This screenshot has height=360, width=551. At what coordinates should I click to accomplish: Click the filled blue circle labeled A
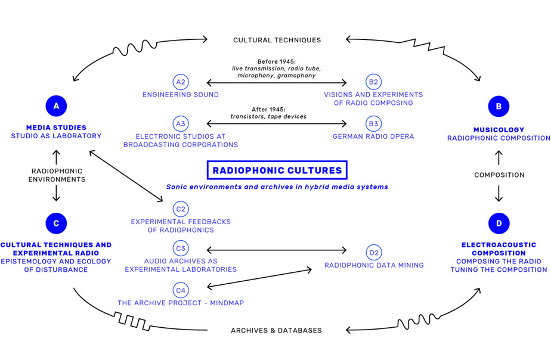pyautogui.click(x=56, y=106)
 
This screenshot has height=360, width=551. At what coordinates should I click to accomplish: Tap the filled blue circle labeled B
pyautogui.click(x=499, y=106)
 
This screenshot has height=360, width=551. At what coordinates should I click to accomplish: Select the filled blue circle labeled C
pyautogui.click(x=56, y=224)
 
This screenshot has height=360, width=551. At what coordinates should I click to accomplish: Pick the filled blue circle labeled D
pyautogui.click(x=499, y=224)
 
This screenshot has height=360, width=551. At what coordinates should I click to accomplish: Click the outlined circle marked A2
pyautogui.click(x=180, y=82)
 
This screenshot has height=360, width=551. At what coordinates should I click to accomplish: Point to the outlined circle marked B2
pyautogui.click(x=373, y=82)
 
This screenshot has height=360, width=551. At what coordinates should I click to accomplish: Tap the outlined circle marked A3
pyautogui.click(x=180, y=124)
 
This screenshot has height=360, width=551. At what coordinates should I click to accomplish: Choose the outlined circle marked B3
pyautogui.click(x=373, y=124)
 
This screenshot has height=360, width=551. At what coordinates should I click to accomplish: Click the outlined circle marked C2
pyautogui.click(x=180, y=209)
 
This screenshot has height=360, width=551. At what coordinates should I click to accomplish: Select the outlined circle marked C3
pyautogui.click(x=180, y=248)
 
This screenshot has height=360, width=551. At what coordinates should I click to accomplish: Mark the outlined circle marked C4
pyautogui.click(x=180, y=290)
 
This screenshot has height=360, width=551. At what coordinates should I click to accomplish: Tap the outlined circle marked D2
pyautogui.click(x=373, y=253)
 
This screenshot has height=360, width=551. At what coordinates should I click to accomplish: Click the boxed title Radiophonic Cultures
pyautogui.click(x=277, y=170)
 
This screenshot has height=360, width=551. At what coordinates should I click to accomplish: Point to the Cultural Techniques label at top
pyautogui.click(x=277, y=40)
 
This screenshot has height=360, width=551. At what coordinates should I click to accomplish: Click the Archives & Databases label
pyautogui.click(x=276, y=330)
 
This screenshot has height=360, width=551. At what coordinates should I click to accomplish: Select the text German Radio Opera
pyautogui.click(x=373, y=136)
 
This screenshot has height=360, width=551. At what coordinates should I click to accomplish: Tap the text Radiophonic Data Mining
pyautogui.click(x=373, y=265)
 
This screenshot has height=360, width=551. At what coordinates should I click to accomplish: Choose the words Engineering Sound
pyautogui.click(x=180, y=94)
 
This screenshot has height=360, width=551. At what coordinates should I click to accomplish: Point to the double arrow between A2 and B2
pyautogui.click(x=277, y=82)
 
